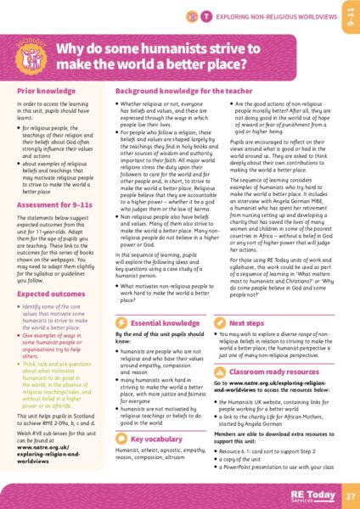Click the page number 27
coord(350,495)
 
